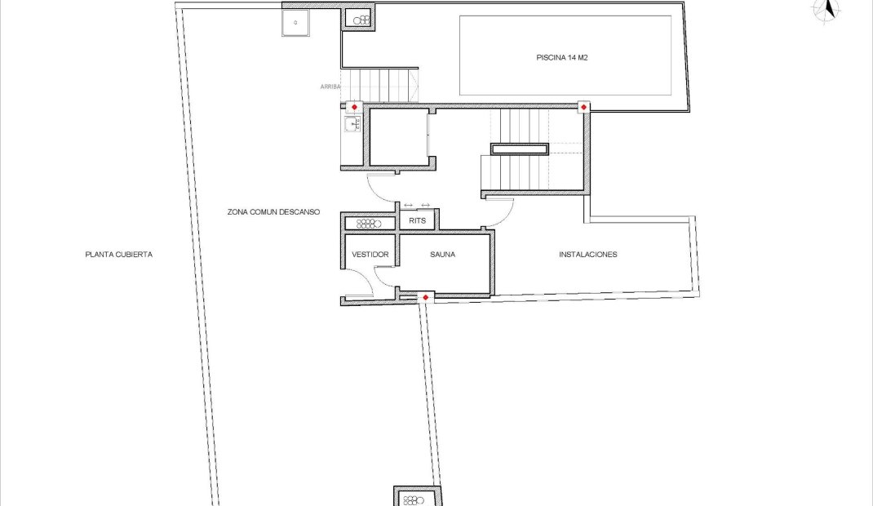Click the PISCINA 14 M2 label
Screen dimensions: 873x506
pyautogui.click(x=562, y=57)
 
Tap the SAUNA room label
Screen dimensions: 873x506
pyautogui.click(x=443, y=255)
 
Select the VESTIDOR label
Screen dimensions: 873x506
pyautogui.click(x=370, y=255)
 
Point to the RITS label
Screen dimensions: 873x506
pyautogui.click(x=418, y=220)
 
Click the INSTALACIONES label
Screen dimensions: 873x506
pyautogui.click(x=588, y=255)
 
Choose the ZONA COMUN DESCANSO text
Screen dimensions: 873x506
pyautogui.click(x=273, y=212)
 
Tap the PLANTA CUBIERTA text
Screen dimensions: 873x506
pyautogui.click(x=118, y=255)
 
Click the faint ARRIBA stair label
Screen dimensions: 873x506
pyautogui.click(x=330, y=87)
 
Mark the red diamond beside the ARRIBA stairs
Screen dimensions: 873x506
pyautogui.click(x=354, y=107)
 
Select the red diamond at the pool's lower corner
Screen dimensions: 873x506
pyautogui.click(x=583, y=107)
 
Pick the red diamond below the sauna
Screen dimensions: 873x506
pyautogui.click(x=425, y=298)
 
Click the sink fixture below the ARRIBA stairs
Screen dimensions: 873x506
pyautogui.click(x=352, y=124)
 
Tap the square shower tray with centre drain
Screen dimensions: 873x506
pyautogui.click(x=295, y=23)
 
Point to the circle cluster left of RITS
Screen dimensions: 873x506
pyautogui.click(x=369, y=224)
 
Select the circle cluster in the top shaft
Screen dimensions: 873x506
pyautogui.click(x=362, y=20)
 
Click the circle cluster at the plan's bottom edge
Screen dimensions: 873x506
pyautogui.click(x=413, y=500)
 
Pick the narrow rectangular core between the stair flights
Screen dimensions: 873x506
pyautogui.click(x=520, y=149)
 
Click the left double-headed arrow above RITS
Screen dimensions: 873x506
pyautogui.click(x=408, y=206)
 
